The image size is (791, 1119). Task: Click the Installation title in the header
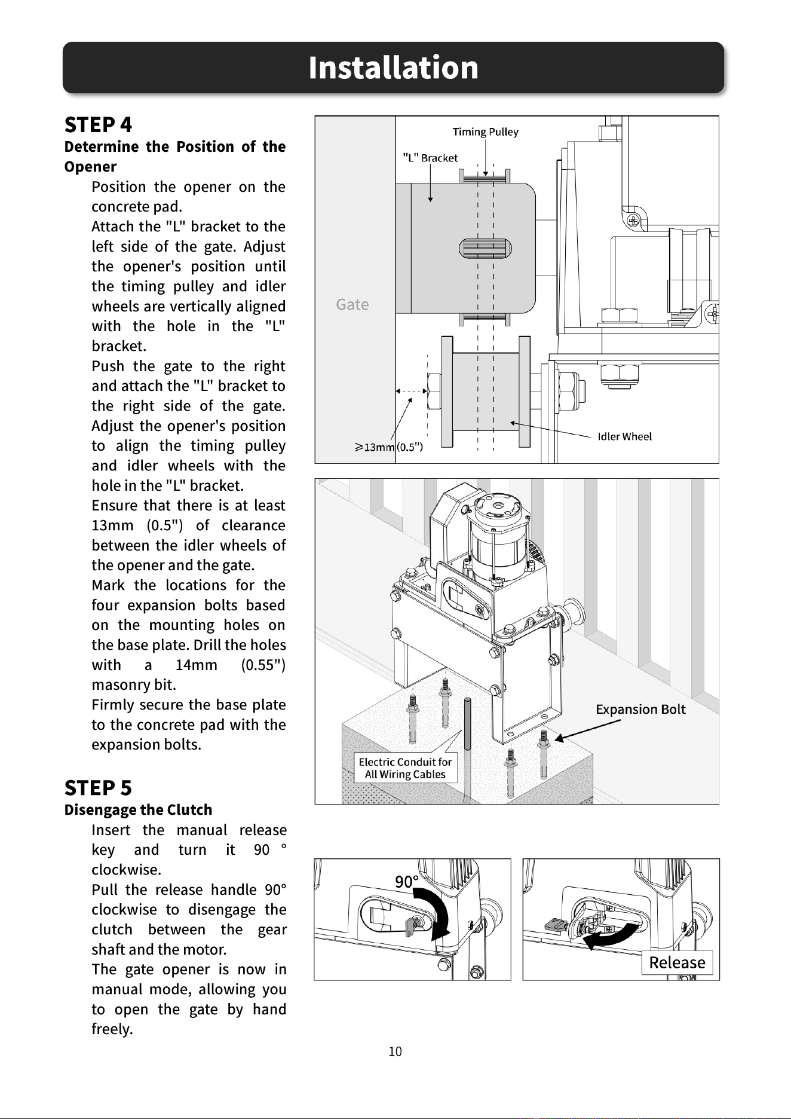[394, 67]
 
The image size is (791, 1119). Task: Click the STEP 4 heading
[98, 124]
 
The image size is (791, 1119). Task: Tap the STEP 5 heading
[98, 788]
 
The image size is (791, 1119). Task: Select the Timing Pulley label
[485, 132]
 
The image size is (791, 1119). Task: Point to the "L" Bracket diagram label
[430, 158]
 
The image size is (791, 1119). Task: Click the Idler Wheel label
[624, 436]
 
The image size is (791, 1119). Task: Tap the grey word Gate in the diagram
[352, 304]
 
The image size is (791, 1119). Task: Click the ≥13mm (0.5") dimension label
[389, 447]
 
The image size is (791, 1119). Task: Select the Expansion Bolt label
[640, 709]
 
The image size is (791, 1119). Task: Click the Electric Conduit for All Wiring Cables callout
[405, 768]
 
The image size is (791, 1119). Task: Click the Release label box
[677, 962]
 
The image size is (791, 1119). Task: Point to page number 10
[395, 1051]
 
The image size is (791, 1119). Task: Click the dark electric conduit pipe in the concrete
[467, 724]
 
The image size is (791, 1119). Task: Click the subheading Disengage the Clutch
[138, 810]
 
